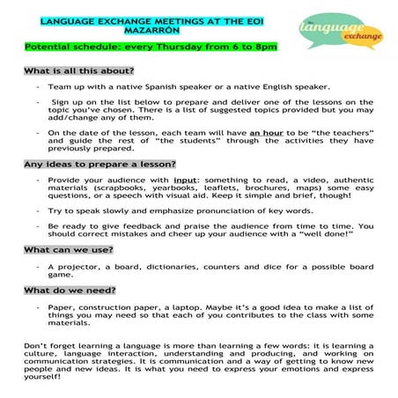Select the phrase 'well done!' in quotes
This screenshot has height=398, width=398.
[x=318, y=235]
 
